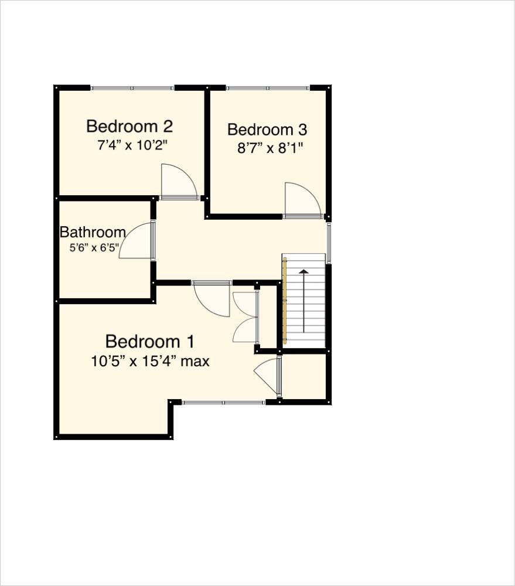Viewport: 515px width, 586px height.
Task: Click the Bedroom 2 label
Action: [x=129, y=126]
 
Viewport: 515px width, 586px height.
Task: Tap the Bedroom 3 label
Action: [x=267, y=130]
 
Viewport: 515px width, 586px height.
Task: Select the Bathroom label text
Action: [x=93, y=232]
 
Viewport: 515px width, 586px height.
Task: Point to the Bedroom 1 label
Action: [x=150, y=341]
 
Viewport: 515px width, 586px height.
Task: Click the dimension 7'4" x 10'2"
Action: [x=135, y=145]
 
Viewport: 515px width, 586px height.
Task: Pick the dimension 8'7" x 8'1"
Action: [x=270, y=148]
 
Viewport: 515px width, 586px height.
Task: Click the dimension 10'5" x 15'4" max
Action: [x=150, y=362]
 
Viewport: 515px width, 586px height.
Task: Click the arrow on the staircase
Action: [x=303, y=299]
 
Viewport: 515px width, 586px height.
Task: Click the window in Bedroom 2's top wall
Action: [x=132, y=88]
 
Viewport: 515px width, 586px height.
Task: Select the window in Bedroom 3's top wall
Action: [x=268, y=88]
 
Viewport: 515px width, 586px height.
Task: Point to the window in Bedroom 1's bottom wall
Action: [x=223, y=403]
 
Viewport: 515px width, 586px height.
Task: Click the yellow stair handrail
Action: [x=285, y=302]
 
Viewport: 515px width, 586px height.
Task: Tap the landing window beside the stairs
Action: [x=329, y=243]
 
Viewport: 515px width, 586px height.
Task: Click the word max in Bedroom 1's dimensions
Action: [x=195, y=362]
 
